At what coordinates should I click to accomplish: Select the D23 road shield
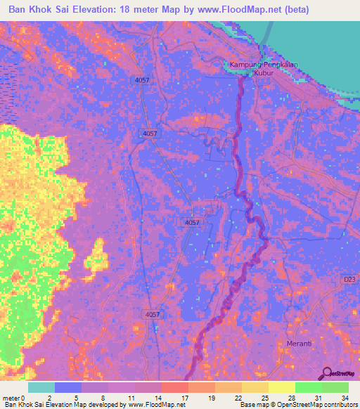[x=349, y=280]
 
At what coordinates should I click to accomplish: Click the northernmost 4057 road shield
[x=143, y=82]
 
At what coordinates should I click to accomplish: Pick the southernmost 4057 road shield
[x=151, y=314]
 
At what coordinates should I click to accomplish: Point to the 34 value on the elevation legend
[x=345, y=398]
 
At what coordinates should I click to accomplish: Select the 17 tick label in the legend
[x=185, y=398]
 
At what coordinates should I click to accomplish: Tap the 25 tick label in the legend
[x=264, y=398]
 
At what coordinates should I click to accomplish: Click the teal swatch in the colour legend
[x=41, y=387]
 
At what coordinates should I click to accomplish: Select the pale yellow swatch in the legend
[x=281, y=387]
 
